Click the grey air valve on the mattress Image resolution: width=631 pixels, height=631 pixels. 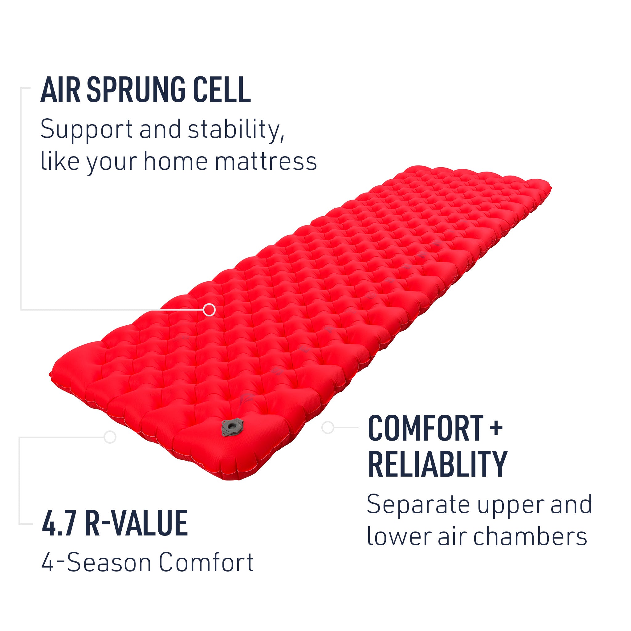(232, 427)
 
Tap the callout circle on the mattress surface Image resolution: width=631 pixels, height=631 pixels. (209, 309)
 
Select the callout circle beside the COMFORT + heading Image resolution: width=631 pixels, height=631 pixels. (328, 427)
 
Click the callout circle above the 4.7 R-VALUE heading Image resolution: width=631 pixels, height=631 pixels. (110, 437)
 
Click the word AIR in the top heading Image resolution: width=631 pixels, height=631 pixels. (60, 90)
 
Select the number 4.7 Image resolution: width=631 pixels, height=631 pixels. (59, 523)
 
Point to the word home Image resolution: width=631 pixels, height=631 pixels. (175, 161)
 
